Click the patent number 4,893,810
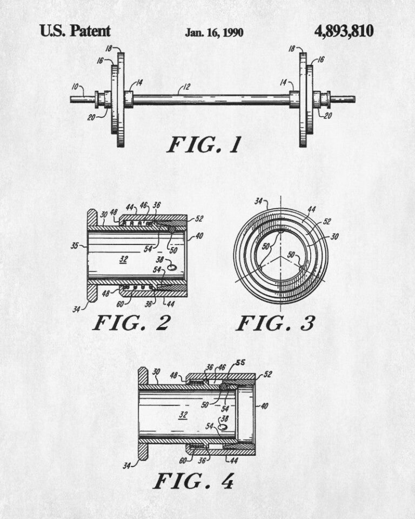pos(344,31)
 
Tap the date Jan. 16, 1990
pos(214,32)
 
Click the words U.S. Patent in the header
pos(75,31)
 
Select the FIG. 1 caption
pos(204,145)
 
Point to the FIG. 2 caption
pos(132,323)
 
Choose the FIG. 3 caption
pos(276,323)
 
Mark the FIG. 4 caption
pos(193,481)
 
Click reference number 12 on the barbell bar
pos(186,86)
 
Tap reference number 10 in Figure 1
pos(75,86)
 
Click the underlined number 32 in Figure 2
pos(123,259)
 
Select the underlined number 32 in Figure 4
pos(183,415)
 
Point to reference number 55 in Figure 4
pos(240,362)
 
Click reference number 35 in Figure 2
pos(75,245)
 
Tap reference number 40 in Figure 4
pos(264,406)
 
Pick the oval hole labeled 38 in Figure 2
pos(171,267)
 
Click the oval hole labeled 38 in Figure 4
pos(224,427)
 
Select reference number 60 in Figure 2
pos(120,304)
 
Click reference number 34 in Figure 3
pos(259,201)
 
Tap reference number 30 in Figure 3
pos(334,236)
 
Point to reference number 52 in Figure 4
pos(267,374)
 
